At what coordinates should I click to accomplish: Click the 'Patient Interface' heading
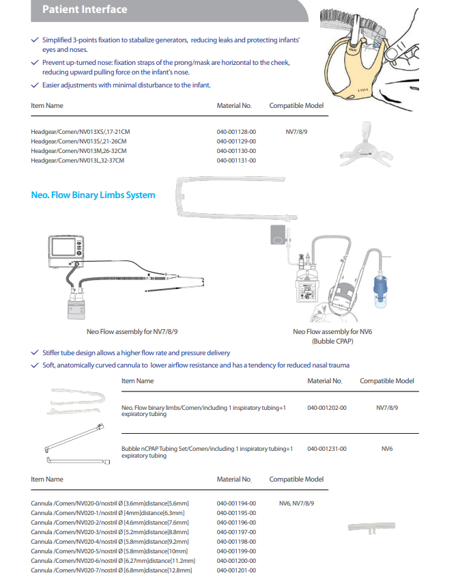[85, 10]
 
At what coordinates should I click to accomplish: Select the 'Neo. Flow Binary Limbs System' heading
[93, 195]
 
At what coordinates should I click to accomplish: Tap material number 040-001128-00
[236, 131]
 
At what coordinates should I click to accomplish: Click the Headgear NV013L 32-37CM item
[78, 160]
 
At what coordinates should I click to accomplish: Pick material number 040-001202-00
[327, 408]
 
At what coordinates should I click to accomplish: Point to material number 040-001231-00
[327, 449]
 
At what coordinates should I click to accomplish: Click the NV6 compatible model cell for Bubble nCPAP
[386, 449]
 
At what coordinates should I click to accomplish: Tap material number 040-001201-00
[236, 570]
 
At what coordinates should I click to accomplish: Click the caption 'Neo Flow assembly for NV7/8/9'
[132, 331]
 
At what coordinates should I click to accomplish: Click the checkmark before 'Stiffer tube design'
[35, 352]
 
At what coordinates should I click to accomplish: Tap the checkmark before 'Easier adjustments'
[35, 85]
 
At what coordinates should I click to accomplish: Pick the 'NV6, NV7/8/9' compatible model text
[296, 503]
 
